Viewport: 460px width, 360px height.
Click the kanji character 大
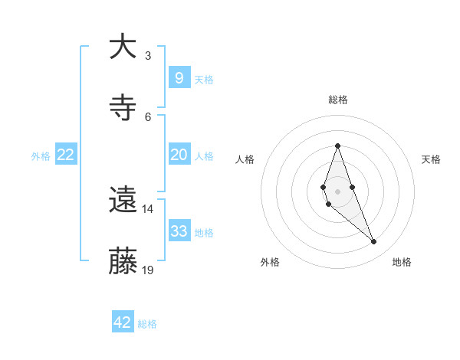123,47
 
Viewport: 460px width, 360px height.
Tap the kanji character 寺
123,108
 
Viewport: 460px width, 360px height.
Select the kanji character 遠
123,201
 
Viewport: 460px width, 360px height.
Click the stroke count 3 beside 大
148,55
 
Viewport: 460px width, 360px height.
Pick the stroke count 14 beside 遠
148,208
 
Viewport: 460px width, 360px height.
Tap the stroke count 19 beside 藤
148,270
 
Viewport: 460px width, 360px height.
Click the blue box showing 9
179,77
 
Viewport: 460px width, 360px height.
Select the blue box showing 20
179,155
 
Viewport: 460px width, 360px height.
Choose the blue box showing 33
179,231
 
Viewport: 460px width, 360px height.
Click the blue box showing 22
66,155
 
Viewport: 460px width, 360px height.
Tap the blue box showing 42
123,322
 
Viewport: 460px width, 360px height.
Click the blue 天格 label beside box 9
204,79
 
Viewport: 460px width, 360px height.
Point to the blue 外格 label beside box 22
41,156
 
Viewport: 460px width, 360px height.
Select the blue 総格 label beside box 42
147,324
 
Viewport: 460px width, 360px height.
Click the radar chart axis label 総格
338,100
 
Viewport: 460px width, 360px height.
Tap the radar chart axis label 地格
402,262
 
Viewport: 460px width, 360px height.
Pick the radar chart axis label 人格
245,159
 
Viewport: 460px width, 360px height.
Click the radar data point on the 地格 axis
374,242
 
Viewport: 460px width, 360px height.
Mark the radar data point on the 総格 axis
337,146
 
